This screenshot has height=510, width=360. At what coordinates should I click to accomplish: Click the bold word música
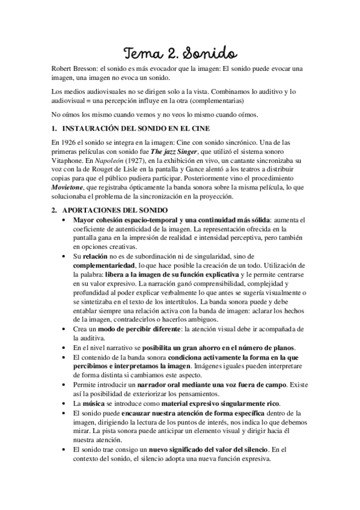pyautogui.click(x=95, y=402)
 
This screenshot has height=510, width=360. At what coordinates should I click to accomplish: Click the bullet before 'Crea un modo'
pyautogui.click(x=66, y=330)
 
